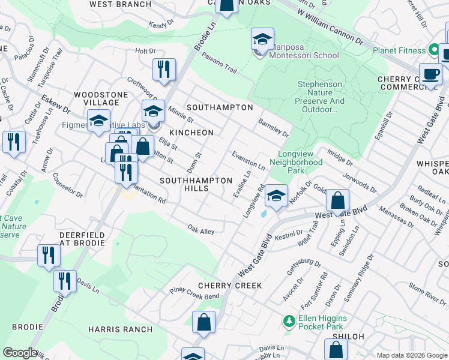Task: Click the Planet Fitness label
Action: (x=398, y=50)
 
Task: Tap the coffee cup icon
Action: (x=430, y=75)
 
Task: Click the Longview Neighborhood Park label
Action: (x=296, y=158)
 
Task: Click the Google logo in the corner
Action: (x=20, y=353)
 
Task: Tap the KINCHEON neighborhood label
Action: (x=191, y=132)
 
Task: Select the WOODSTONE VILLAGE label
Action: (x=100, y=99)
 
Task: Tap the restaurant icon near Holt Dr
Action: (x=163, y=70)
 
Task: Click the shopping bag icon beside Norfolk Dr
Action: (x=337, y=201)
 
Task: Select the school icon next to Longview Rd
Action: (x=276, y=196)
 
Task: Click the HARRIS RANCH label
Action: (x=120, y=329)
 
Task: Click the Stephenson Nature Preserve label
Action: (x=321, y=97)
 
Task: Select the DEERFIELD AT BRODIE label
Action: (x=82, y=239)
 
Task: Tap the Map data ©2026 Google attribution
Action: (x=411, y=355)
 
